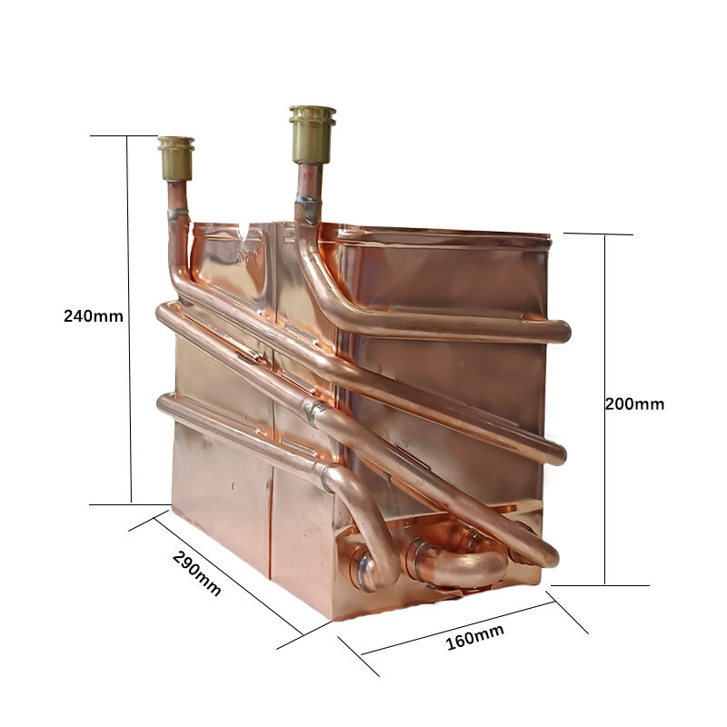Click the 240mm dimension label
pyautogui.click(x=94, y=316)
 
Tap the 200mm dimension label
pyautogui.click(x=634, y=403)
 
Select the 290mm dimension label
pyautogui.click(x=196, y=573)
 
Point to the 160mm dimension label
pyautogui.click(x=474, y=637)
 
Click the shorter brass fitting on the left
pyautogui.click(x=175, y=158)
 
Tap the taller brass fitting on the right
pyautogui.click(x=312, y=134)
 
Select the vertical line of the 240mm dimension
pyautogui.click(x=129, y=320)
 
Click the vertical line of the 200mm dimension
pyautogui.click(x=604, y=410)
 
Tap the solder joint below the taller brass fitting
pyautogui.click(x=308, y=207)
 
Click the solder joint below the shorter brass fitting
pyautogui.click(x=178, y=214)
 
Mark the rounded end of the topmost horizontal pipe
pyautogui.click(x=563, y=332)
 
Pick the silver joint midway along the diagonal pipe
pyautogui.click(x=314, y=411)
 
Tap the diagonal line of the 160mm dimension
pyautogui.click(x=458, y=628)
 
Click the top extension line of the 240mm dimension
pyautogui.click(x=124, y=135)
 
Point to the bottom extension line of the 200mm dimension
pyautogui.click(x=600, y=585)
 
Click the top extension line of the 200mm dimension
pyautogui.click(x=598, y=234)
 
